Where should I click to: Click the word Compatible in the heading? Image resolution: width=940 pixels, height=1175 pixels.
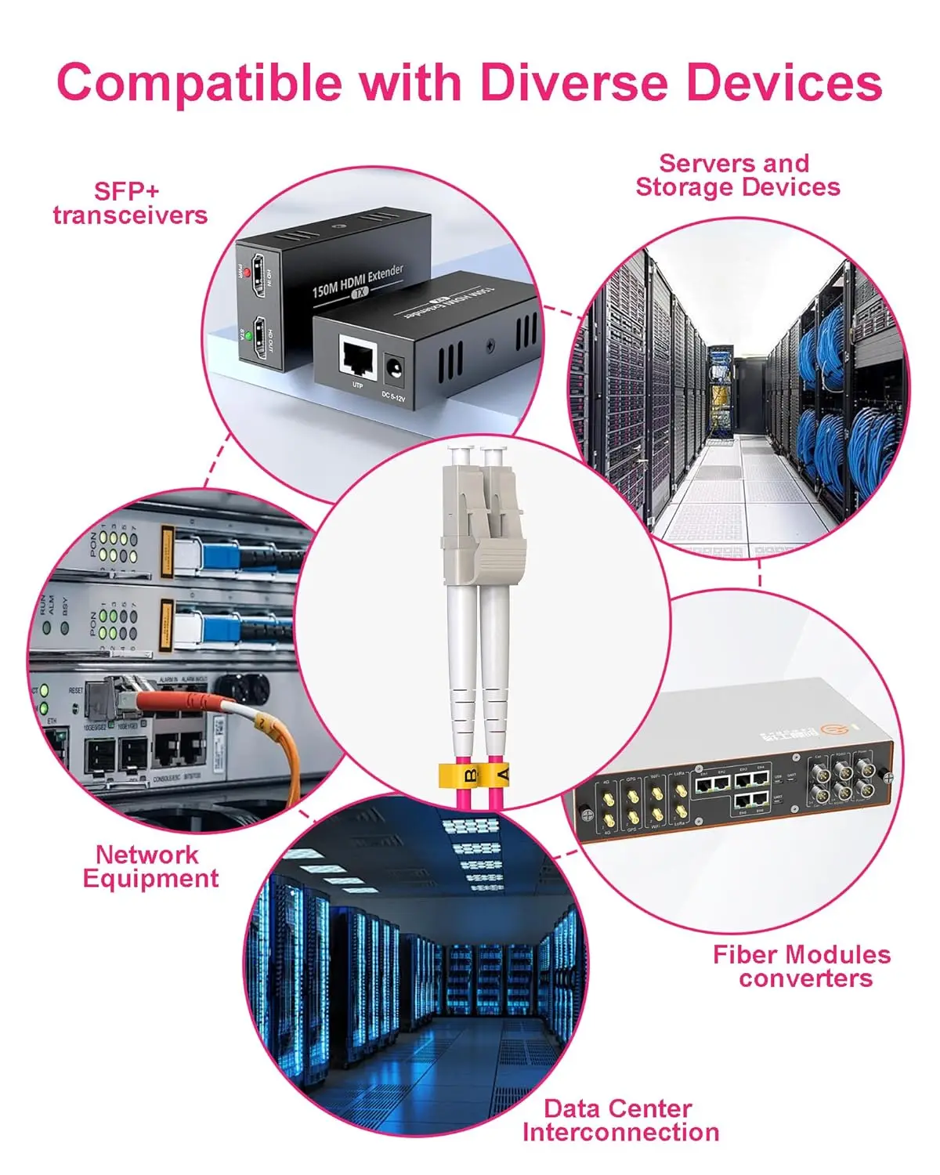coord(198,83)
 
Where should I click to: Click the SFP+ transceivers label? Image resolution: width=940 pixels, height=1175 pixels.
coord(129,203)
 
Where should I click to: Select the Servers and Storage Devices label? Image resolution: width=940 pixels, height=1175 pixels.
coord(737,175)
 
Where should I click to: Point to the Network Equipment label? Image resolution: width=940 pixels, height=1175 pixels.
coord(150,866)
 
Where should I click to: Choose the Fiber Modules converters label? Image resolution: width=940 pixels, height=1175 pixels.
coord(802,966)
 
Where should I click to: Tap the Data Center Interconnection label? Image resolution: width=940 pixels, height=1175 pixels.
coord(620,1120)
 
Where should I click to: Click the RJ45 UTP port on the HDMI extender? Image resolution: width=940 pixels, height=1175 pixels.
coord(357,357)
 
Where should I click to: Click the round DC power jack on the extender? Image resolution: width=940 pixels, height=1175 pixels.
coord(395,368)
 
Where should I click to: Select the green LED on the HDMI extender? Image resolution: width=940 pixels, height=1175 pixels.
coord(249,336)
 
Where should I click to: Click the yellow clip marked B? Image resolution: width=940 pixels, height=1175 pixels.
coord(468,775)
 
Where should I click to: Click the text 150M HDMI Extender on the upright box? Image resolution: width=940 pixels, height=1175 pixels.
coord(357,280)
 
